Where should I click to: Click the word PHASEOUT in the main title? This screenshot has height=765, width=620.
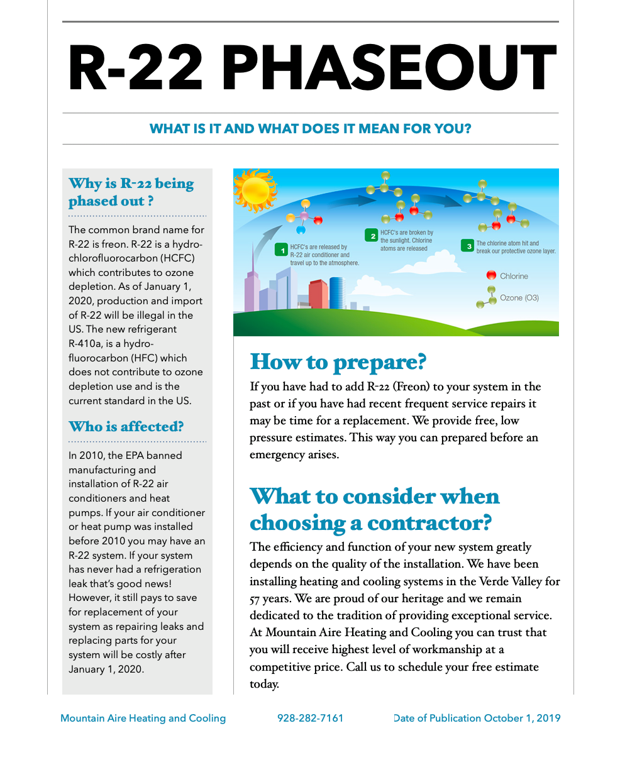pos(389,69)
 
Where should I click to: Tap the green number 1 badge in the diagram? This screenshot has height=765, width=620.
pos(282,250)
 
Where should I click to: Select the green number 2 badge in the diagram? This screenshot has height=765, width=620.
pos(372,236)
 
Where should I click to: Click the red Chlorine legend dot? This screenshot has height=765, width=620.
pos(491,275)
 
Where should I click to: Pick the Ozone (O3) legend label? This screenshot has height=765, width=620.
pos(519,297)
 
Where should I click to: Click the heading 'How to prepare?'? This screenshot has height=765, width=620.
pos(338,362)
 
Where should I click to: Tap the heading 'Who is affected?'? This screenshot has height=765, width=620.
pos(126,426)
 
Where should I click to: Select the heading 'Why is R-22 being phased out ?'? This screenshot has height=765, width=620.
pos(131,192)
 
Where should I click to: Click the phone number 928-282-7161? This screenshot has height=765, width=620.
pos(310,718)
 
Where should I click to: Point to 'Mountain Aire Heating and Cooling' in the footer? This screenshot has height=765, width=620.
pos(143,718)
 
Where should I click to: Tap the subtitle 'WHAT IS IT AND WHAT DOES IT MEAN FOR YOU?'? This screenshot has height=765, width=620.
pos(310,129)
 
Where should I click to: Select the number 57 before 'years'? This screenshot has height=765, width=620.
pos(256,599)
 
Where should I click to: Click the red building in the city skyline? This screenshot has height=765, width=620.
pos(318,294)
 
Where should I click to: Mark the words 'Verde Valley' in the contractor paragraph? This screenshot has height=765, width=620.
pos(512,581)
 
